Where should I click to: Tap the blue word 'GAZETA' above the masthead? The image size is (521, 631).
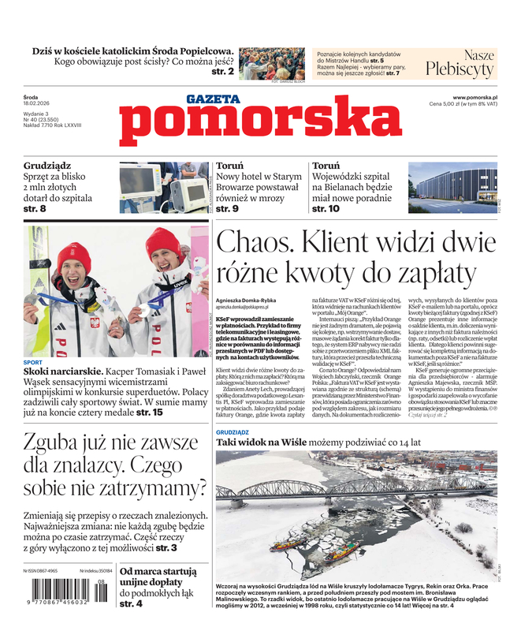pyautogui.click(x=213, y=99)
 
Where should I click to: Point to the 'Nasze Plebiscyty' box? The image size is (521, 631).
pyautogui.click(x=460, y=63)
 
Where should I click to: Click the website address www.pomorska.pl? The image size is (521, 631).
pyautogui.click(x=480, y=97)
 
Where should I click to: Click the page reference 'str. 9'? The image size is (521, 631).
pyautogui.click(x=227, y=209)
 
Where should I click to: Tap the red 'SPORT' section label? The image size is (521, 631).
pyautogui.click(x=33, y=362)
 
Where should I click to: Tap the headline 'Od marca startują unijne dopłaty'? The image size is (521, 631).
pyautogui.click(x=158, y=577)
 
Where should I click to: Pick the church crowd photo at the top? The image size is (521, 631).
pyautogui.click(x=270, y=63)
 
